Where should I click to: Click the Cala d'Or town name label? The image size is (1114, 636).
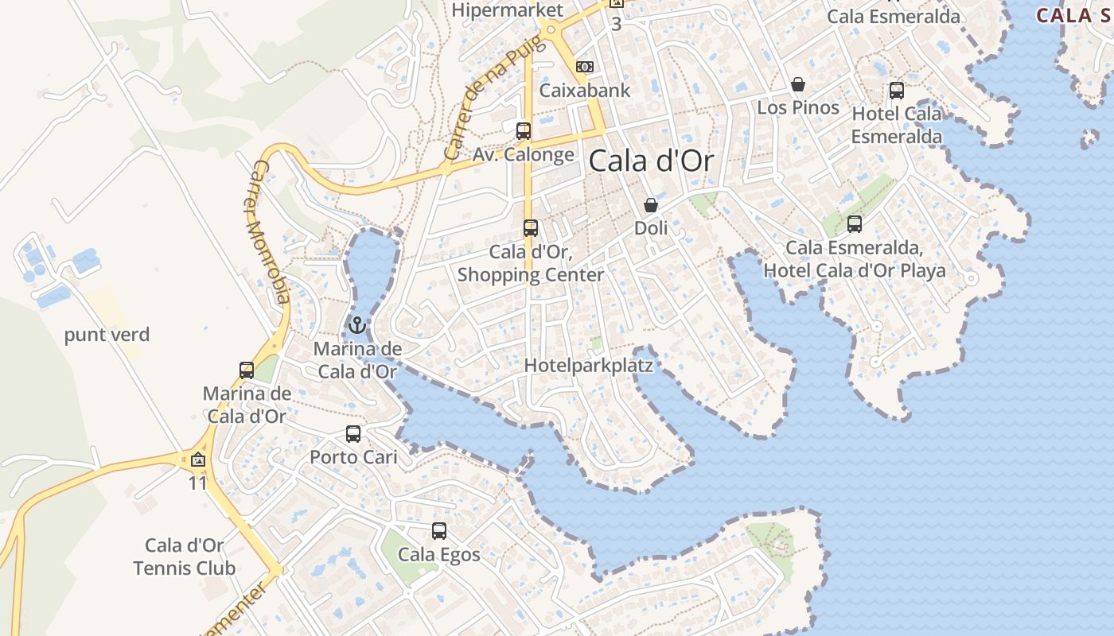(x=651, y=161)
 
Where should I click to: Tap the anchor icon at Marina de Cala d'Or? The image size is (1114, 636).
(x=357, y=325)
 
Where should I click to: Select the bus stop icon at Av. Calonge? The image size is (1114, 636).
(x=524, y=131)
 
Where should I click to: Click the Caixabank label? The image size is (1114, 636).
(x=585, y=90)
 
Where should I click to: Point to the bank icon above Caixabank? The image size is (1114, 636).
(x=585, y=67)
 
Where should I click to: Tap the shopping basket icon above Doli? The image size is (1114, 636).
(x=651, y=205)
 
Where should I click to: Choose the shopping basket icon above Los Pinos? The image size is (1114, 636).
(x=798, y=84)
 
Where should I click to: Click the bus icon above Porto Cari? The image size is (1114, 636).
(x=353, y=434)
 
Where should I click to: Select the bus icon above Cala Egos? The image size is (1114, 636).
(x=439, y=531)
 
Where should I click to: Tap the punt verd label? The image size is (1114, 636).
(x=107, y=335)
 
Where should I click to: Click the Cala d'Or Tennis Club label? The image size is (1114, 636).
(x=185, y=556)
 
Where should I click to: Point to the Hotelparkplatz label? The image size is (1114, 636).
(x=589, y=366)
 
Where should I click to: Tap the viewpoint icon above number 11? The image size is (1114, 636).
(x=198, y=460)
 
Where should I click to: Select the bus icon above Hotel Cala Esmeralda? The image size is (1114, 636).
(x=897, y=91)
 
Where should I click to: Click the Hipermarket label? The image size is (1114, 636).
(x=508, y=10)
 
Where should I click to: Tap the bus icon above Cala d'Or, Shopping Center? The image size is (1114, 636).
(x=531, y=228)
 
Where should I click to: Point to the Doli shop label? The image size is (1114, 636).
(x=651, y=228)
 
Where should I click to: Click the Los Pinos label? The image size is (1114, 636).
(x=798, y=107)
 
